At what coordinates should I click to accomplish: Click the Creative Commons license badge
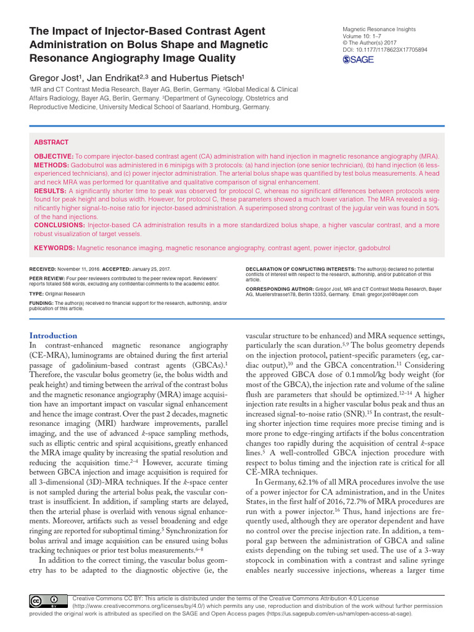[x=46, y=601]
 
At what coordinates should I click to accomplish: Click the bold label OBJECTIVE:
[x=54, y=157]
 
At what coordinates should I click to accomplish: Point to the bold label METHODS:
[x=51, y=166]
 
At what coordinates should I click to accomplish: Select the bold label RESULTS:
[x=50, y=191]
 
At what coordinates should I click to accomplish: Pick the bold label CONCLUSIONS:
[x=59, y=225]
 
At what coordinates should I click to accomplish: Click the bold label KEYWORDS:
[x=54, y=247]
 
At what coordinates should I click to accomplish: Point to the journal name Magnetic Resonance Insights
[x=378, y=29]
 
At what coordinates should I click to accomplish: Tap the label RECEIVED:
[x=43, y=270]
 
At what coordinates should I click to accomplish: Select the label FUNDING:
[x=41, y=304]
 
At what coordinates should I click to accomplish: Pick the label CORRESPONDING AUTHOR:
[x=278, y=289]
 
